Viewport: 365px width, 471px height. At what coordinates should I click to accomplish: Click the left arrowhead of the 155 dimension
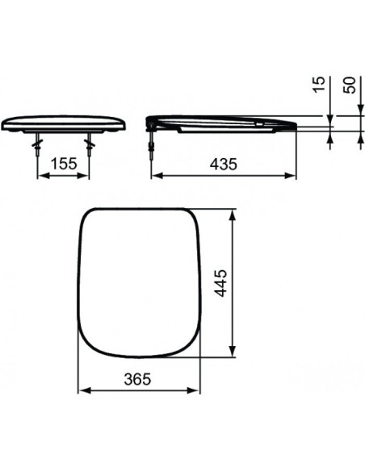[x=40, y=174]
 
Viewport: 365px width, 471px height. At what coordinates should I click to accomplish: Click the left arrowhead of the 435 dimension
[x=157, y=174]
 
